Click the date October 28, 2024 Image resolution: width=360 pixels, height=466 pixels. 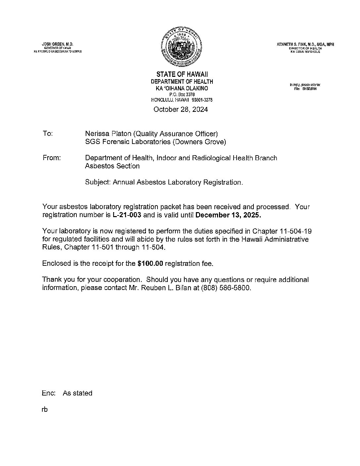(x=181, y=110)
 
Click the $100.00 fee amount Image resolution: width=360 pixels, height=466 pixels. (x=150, y=263)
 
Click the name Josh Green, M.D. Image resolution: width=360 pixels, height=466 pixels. (x=57, y=44)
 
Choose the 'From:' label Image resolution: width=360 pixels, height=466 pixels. (x=52, y=158)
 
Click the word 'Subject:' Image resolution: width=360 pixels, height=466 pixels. (x=98, y=182)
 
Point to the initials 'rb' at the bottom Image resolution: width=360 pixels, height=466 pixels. (x=45, y=409)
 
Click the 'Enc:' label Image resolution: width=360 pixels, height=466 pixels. (x=49, y=393)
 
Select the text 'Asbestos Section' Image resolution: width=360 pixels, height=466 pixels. (x=112, y=166)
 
